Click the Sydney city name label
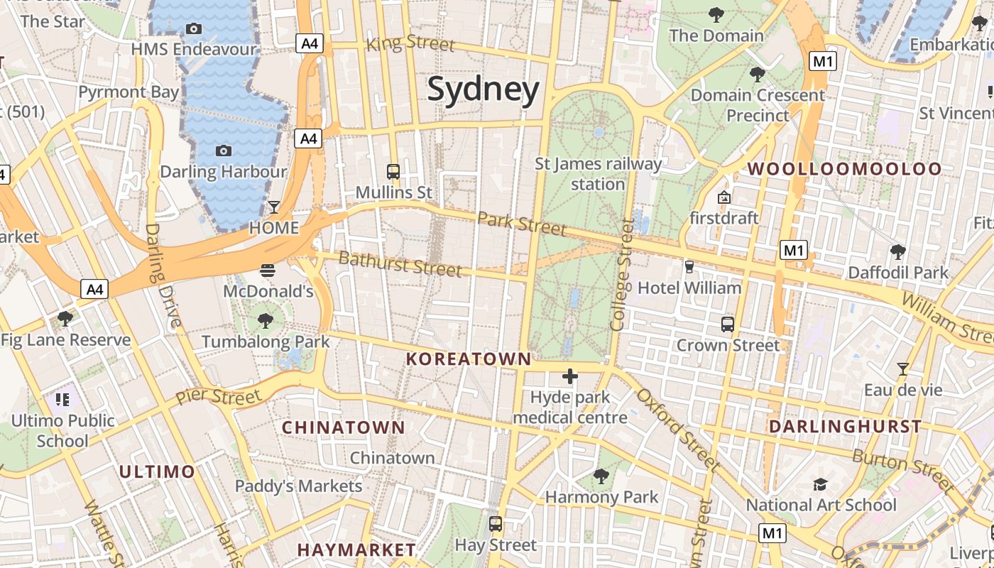[x=483, y=90]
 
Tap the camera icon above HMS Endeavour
[x=193, y=29]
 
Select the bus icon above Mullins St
[x=393, y=172]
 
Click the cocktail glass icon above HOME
[x=274, y=207]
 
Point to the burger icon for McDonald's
[x=268, y=271]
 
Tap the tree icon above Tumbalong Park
[x=266, y=321]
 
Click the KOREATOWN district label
[x=468, y=359]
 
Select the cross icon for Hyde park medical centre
[x=569, y=376]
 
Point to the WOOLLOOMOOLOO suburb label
[x=844, y=169]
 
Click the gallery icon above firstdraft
[x=724, y=197]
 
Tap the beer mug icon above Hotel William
[x=689, y=267]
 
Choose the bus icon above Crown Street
[x=728, y=324]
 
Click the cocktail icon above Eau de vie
[x=902, y=369]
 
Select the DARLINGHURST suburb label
[x=845, y=427]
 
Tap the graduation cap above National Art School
[x=821, y=484]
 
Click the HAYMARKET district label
[x=356, y=550]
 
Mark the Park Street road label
[x=521, y=224]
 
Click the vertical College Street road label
[x=621, y=275]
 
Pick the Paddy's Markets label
[x=298, y=486]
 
